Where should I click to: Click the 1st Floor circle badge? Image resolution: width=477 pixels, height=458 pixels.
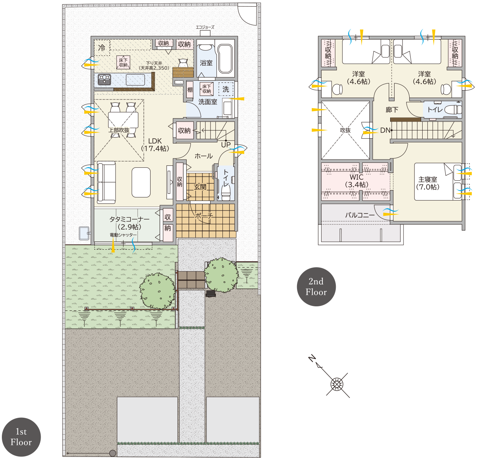click(x=21, y=437)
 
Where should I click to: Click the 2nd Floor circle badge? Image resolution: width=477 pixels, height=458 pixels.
click(x=316, y=287)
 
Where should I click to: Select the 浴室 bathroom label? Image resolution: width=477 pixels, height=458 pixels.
click(x=206, y=63)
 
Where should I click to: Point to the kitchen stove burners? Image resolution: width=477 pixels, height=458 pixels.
click(x=105, y=79)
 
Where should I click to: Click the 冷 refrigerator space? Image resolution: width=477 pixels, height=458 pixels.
click(x=102, y=48)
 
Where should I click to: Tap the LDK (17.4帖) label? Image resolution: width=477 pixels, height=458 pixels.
click(x=155, y=145)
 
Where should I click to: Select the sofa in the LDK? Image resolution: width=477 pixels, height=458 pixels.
click(x=106, y=182)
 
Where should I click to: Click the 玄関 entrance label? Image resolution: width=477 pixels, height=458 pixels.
click(x=200, y=187)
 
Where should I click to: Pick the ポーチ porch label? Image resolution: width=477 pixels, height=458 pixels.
click(x=204, y=216)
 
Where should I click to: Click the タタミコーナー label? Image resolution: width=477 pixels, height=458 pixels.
click(x=129, y=219)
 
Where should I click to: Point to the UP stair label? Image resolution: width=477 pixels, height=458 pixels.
click(x=226, y=145)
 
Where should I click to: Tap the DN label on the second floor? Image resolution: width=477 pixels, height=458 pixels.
click(x=385, y=130)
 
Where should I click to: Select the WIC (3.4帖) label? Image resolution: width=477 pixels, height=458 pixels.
click(x=357, y=181)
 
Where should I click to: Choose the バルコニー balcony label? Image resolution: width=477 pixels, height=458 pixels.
click(x=360, y=215)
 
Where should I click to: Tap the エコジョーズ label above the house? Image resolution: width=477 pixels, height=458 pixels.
click(x=205, y=27)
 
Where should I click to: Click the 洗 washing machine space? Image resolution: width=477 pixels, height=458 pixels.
click(x=226, y=89)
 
